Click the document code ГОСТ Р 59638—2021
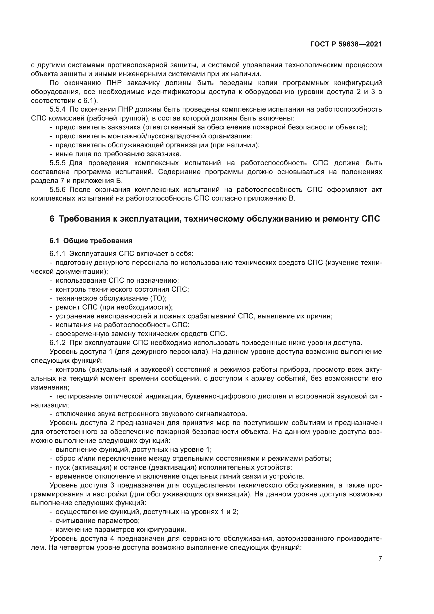(346, 44)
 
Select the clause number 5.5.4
(57, 109)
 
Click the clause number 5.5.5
(57, 163)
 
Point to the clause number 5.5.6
(57, 190)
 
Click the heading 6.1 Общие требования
(91, 241)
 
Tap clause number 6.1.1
(57, 254)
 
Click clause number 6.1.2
(57, 343)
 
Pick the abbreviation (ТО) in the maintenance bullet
(158, 298)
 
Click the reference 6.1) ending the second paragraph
(92, 101)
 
